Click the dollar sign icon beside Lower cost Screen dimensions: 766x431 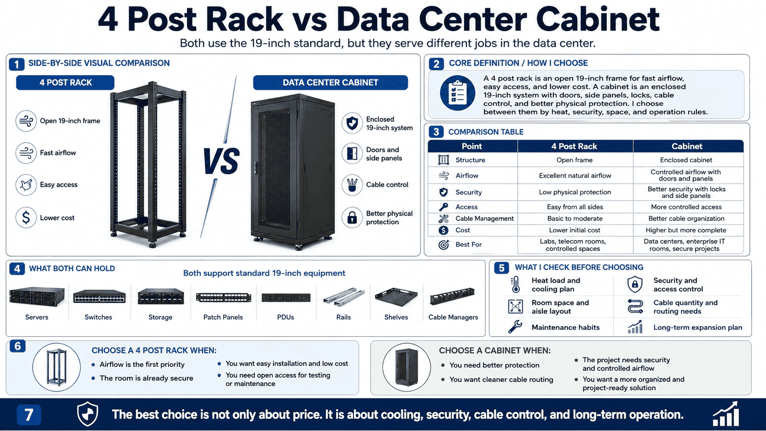pyautogui.click(x=26, y=218)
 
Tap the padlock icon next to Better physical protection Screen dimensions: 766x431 pyautogui.click(x=352, y=218)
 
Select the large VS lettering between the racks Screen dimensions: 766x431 pyautogui.click(x=221, y=161)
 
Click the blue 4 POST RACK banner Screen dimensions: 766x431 pyautogui.click(x=66, y=82)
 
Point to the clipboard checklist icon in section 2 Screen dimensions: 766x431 pyautogui.click(x=457, y=93)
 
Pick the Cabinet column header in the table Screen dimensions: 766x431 pyautogui.click(x=687, y=146)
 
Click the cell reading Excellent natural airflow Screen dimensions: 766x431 pyautogui.click(x=575, y=176)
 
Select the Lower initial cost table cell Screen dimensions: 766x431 pyautogui.click(x=574, y=230)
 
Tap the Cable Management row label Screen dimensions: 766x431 pyautogui.click(x=484, y=219)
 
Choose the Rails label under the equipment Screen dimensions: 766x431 pyautogui.click(x=343, y=317)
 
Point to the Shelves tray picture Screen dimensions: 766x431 pyautogui.click(x=396, y=297)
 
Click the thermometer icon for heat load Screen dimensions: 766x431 pyautogui.click(x=516, y=284)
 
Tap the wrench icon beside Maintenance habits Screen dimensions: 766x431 pyautogui.click(x=515, y=327)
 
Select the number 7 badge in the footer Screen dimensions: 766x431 pyautogui.click(x=29, y=415)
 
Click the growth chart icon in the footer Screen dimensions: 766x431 pyautogui.click(x=726, y=414)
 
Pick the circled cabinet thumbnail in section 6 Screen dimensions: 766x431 pyautogui.click(x=406, y=367)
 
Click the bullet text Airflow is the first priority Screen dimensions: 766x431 pyautogui.click(x=142, y=364)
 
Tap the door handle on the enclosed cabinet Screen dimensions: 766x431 pyautogui.click(x=256, y=167)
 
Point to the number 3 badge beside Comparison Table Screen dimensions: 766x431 pyautogui.click(x=436, y=132)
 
